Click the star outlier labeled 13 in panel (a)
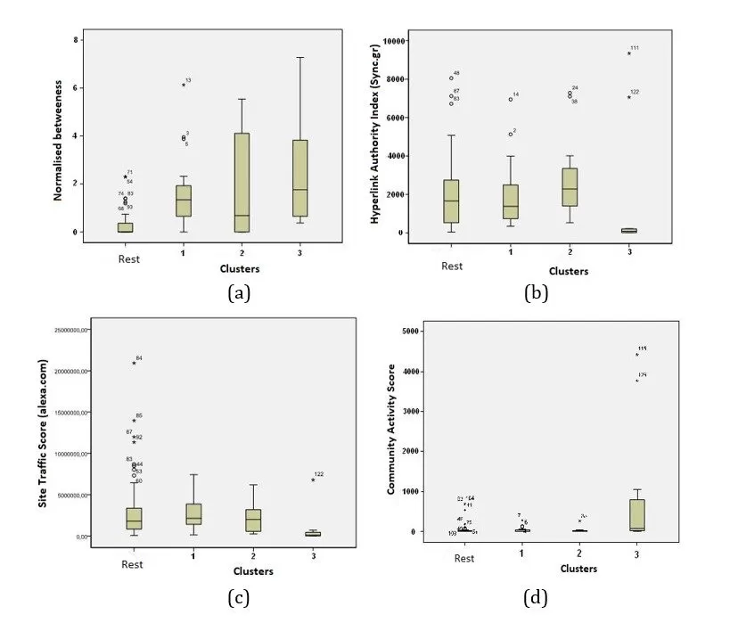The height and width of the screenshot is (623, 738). point(184,85)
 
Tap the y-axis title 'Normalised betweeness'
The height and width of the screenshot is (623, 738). point(57,138)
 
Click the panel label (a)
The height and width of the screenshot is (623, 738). point(236,291)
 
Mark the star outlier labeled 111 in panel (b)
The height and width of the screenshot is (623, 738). point(629,53)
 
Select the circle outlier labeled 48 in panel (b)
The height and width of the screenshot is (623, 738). point(452,78)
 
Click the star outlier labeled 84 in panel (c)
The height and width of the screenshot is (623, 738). point(134,363)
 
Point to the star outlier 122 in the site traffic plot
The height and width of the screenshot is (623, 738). point(313,480)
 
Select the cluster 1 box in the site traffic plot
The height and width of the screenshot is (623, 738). point(193,513)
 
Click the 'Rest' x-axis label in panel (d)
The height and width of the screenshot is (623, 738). point(464,558)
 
